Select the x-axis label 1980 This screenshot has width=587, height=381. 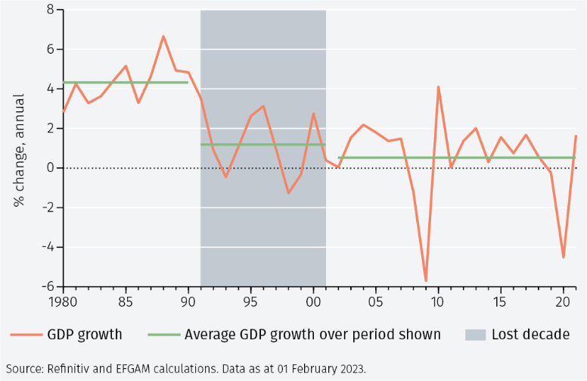coord(64,301)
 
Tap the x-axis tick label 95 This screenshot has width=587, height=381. coord(250,301)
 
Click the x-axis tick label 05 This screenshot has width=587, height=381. coord(375,301)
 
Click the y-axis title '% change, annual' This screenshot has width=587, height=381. coord(18,150)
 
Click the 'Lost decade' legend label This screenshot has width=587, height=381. coord(530,334)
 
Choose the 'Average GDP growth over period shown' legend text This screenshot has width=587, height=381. coord(312,334)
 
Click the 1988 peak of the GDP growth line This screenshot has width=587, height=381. coord(163,36)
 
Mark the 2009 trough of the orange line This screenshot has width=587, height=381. coord(426,281)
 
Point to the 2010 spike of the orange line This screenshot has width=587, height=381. coord(438,87)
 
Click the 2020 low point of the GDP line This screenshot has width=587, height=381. coord(563,257)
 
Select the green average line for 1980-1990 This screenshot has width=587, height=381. coord(125,83)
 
